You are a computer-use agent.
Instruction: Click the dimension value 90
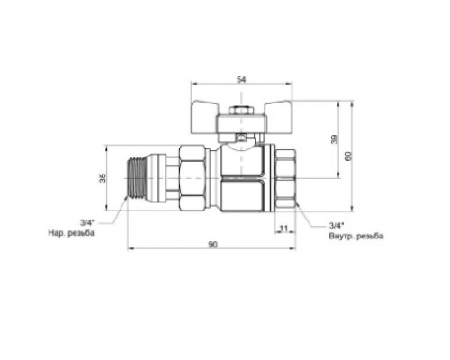coord(212,245)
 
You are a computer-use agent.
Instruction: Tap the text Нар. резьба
coord(72,234)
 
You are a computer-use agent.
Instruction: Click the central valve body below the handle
coord(241,176)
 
